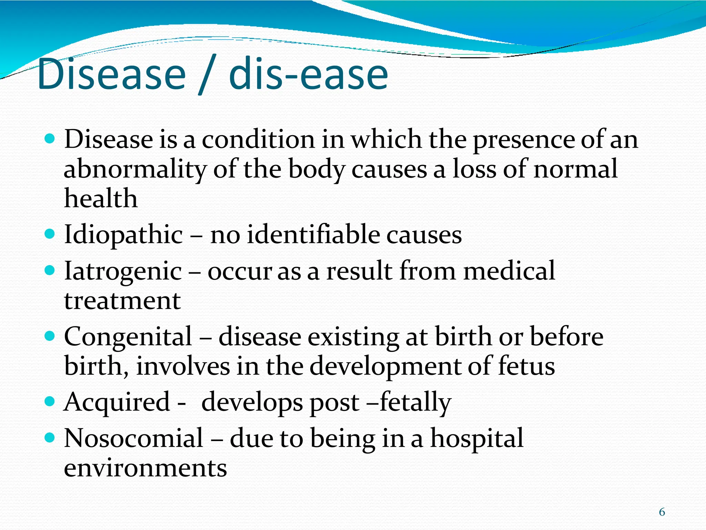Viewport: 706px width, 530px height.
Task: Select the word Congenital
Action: (x=128, y=337)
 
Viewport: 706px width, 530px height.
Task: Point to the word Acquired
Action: (x=117, y=402)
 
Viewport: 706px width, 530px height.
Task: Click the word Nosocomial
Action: (x=134, y=438)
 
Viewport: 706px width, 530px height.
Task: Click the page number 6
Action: (x=662, y=512)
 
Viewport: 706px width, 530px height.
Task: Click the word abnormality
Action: (x=135, y=170)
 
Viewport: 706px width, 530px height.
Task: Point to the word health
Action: (x=101, y=199)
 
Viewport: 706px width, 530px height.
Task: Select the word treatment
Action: (x=122, y=301)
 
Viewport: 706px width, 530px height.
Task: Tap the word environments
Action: (x=145, y=469)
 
